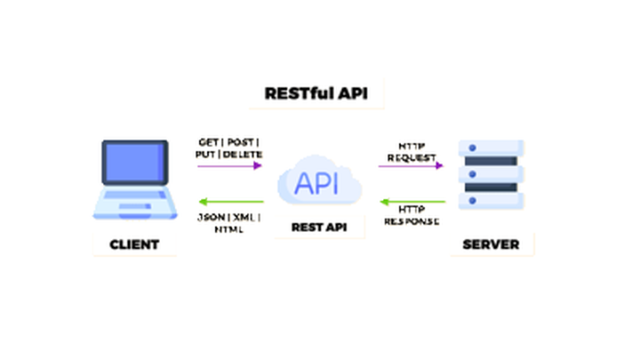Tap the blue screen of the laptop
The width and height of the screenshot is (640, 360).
[134, 168]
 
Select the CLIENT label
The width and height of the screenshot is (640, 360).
[134, 244]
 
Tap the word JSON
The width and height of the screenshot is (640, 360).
[209, 217]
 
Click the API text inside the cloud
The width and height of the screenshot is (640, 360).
[318, 184]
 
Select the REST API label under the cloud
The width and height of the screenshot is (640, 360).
[318, 228]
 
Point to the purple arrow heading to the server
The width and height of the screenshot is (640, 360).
[410, 166]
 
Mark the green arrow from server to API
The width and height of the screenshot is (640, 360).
[410, 201]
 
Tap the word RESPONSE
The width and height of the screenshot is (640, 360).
[410, 221]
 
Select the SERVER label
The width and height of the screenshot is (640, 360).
[492, 244]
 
